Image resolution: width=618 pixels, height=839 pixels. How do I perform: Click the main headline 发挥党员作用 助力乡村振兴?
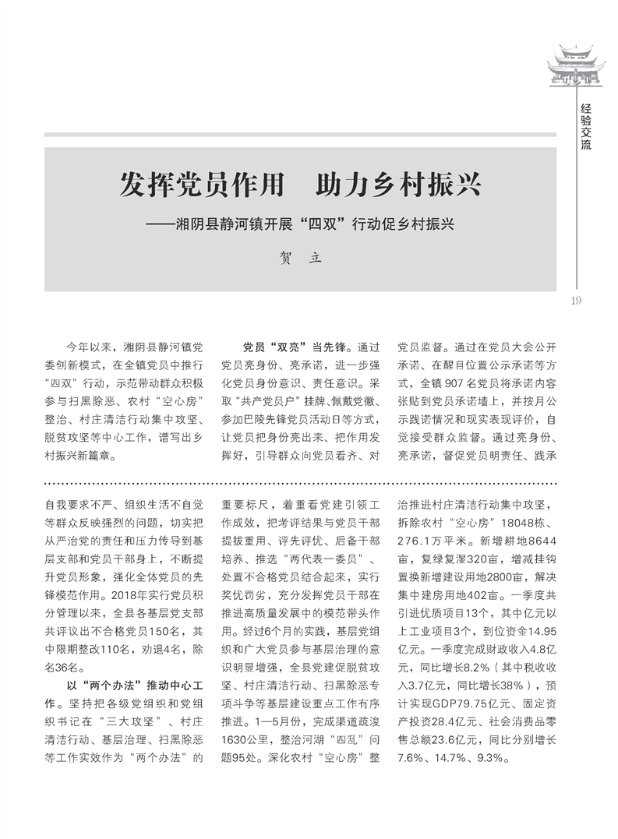coord(300,186)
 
